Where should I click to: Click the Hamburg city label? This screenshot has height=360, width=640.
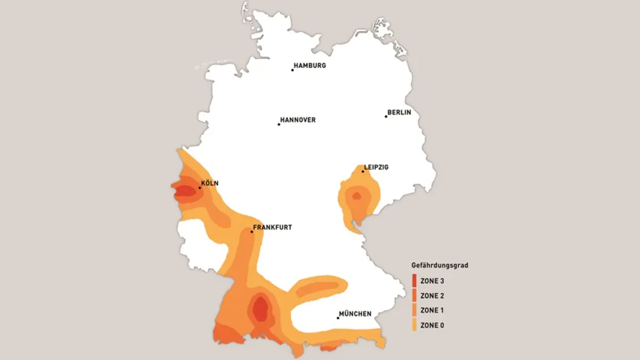coord(310,66)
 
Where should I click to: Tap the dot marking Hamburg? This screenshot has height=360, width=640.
coord(292,70)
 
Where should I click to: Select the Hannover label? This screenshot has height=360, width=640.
coord(298,120)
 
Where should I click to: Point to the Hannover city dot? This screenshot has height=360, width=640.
coord(278,124)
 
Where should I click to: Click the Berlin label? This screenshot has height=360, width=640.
coord(399,113)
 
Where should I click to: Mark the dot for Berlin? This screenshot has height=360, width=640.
coord(386,116)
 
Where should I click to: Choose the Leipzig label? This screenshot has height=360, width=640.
coord(376,167)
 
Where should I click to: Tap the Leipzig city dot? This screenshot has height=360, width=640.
coord(363,171)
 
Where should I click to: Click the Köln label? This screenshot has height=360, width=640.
coord(210,183)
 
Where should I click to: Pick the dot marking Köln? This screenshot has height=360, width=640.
coord(199,188)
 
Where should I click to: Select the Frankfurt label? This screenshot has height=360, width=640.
coord(273,227)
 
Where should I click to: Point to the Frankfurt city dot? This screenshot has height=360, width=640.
coord(252,231)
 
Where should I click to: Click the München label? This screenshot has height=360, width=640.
coord(355,314)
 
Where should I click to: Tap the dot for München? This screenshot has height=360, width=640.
coord(338,318)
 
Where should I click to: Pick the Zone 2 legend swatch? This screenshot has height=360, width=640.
coord(414,295)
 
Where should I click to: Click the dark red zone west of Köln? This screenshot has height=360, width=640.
coord(184,190)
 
